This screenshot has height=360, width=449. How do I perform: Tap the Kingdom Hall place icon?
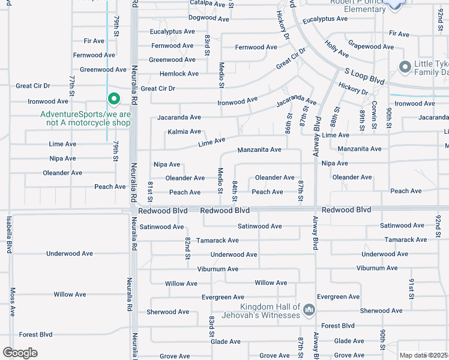coord(309,310)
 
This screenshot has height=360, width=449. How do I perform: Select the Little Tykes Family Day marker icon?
coord(405,66)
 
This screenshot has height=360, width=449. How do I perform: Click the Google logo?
coord(20,352)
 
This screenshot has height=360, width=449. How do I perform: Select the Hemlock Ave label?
coord(179,74)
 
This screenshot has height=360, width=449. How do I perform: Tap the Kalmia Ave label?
coord(184,131)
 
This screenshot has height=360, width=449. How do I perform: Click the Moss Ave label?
coord(12,302)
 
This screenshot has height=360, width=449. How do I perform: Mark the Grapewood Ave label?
coord(371,46)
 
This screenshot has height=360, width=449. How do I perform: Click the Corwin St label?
coord(373,114)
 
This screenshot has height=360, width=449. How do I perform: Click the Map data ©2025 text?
coord(424,355)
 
